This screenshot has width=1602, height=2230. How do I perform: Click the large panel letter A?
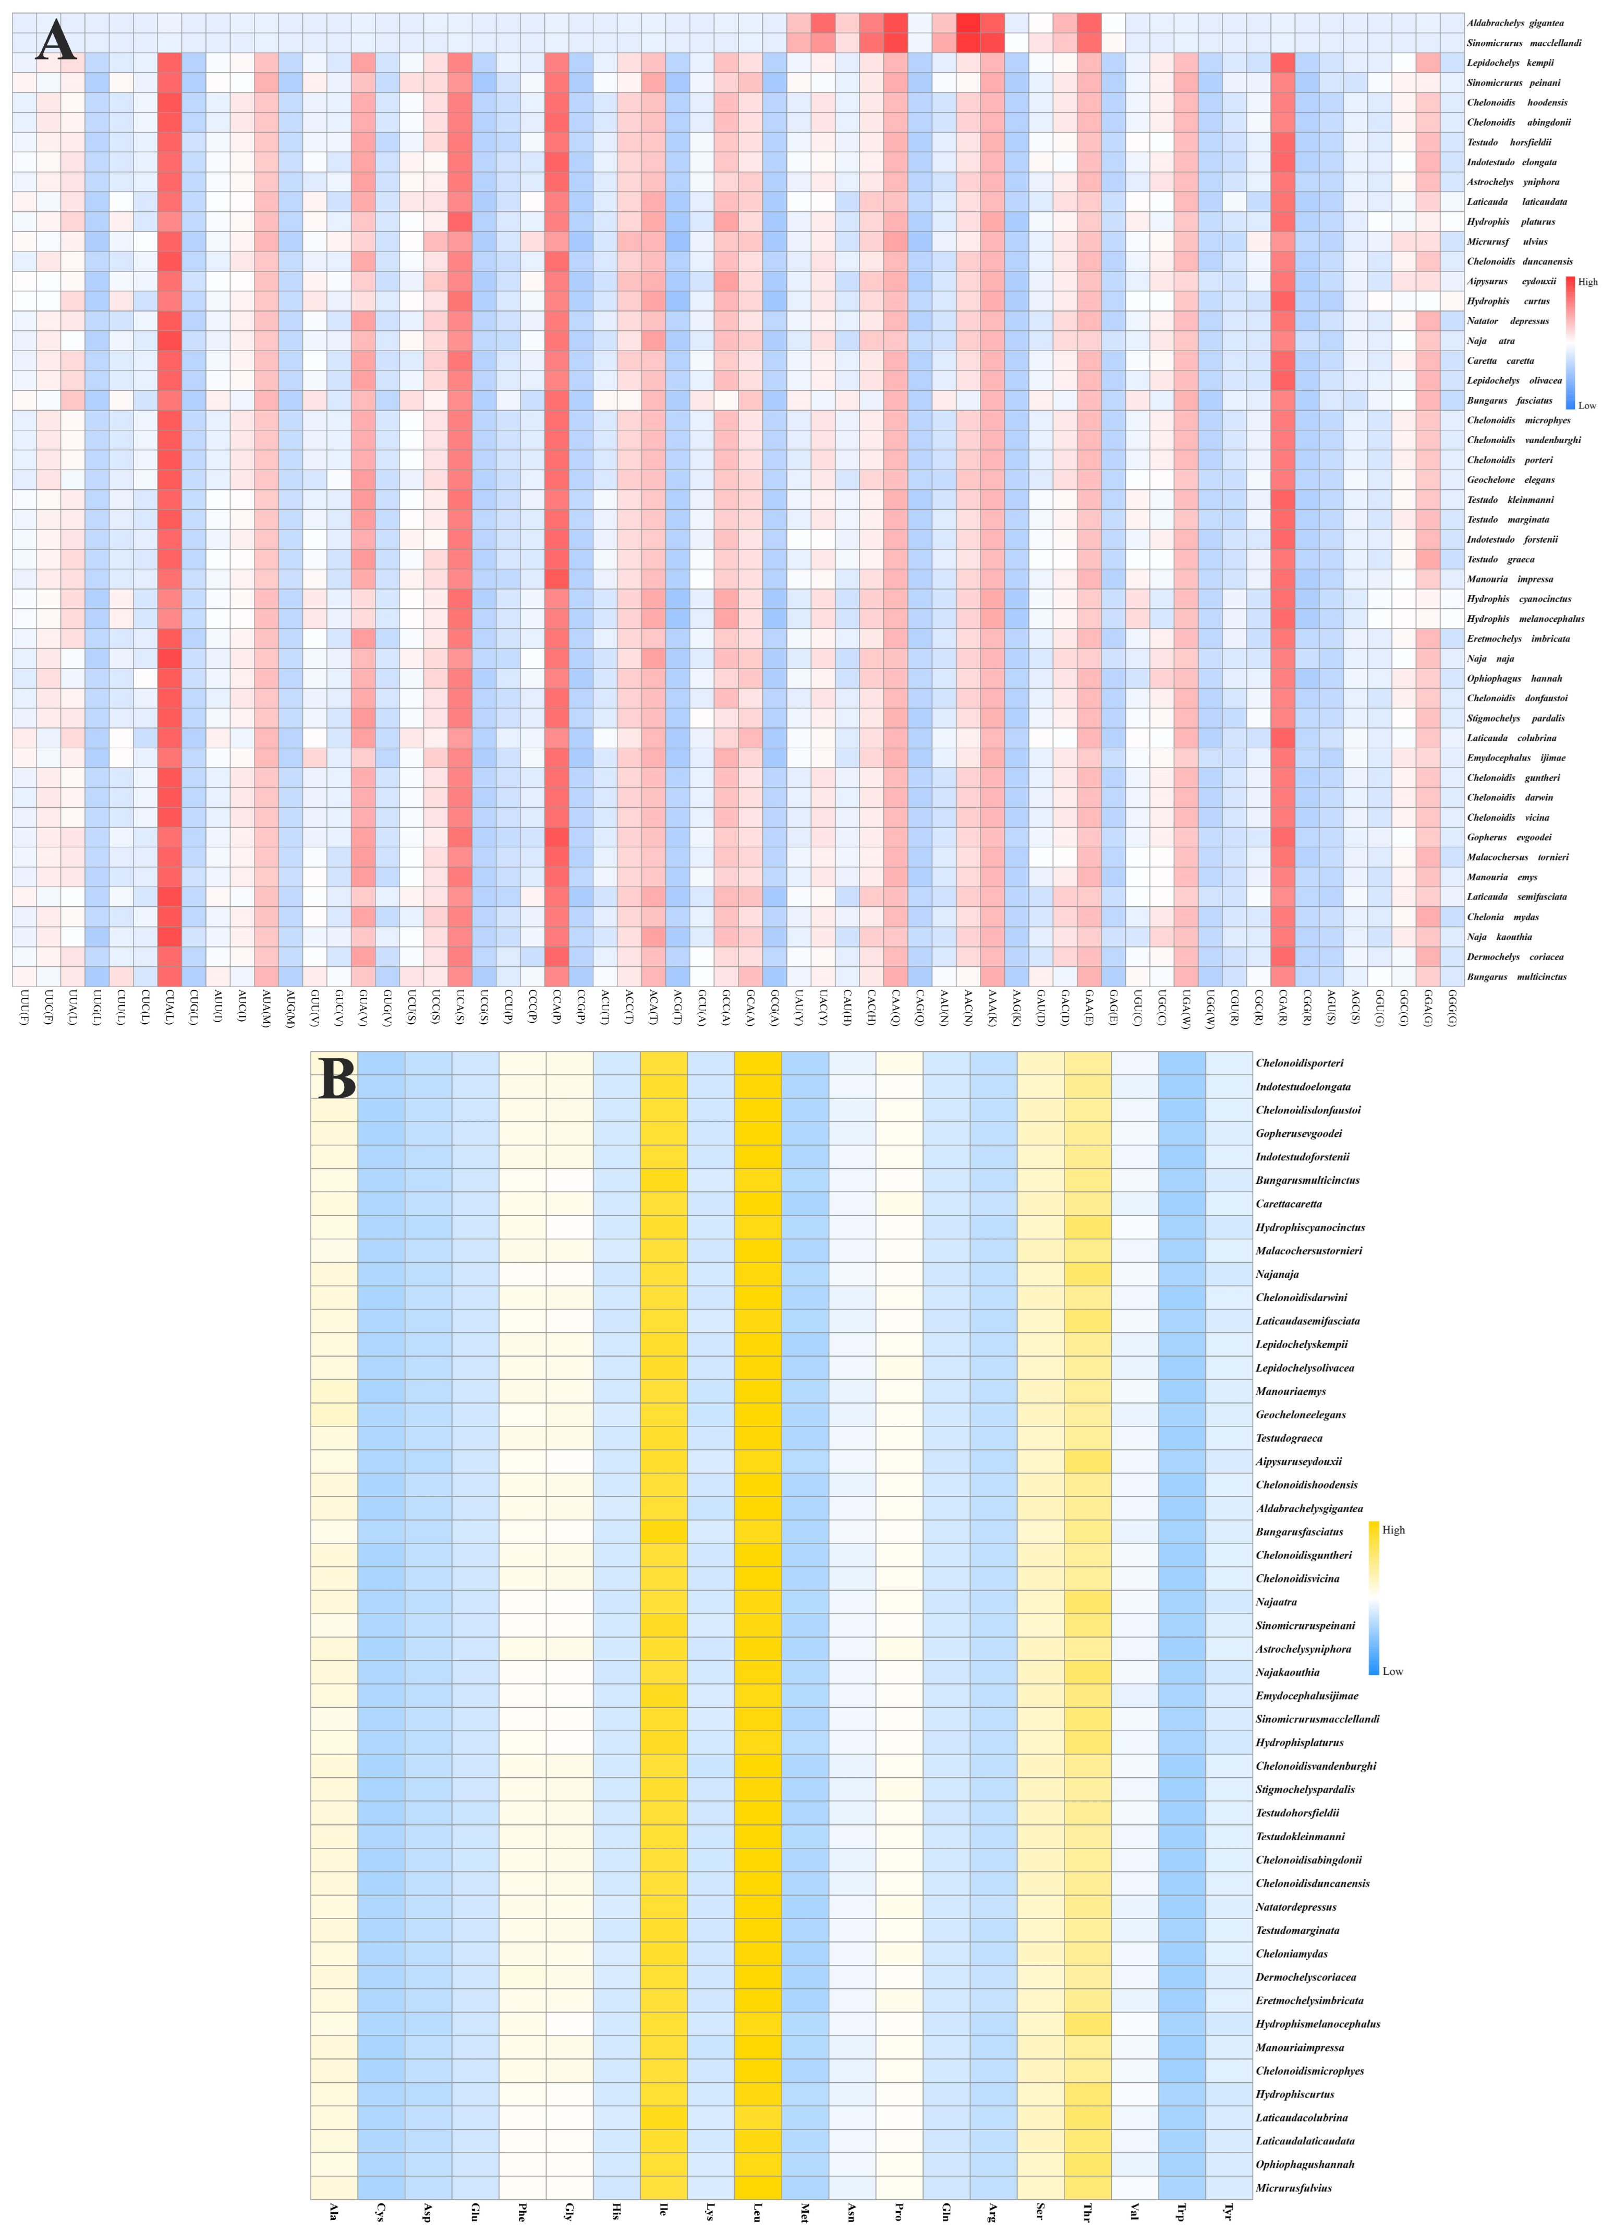(x=56, y=41)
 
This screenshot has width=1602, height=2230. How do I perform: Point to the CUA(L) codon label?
(x=169, y=1008)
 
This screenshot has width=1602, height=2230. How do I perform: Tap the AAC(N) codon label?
(x=968, y=1008)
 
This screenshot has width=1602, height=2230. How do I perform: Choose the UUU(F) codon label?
(x=23, y=1008)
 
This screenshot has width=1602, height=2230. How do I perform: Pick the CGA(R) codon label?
(x=1282, y=1008)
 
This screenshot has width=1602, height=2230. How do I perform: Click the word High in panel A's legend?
(x=1587, y=282)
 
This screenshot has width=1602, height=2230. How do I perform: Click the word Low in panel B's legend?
(x=1392, y=1672)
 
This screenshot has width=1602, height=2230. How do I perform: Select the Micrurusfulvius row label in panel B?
(x=1293, y=2188)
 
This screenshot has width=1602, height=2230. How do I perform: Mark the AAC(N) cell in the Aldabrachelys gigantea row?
(x=968, y=22)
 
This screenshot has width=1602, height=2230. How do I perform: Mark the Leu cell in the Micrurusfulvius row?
(x=758, y=2188)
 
